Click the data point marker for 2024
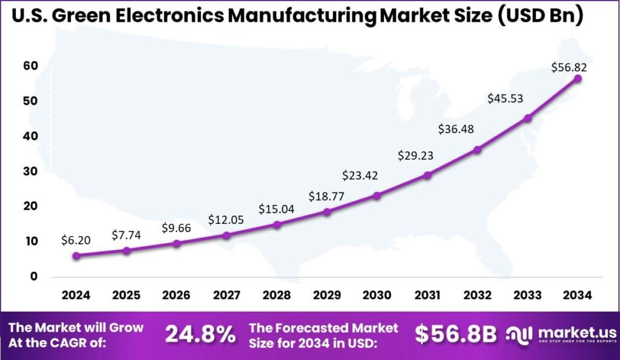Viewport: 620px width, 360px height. point(76,256)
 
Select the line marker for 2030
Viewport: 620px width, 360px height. point(377,195)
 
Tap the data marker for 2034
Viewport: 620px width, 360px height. point(578,79)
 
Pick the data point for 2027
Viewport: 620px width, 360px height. point(226,235)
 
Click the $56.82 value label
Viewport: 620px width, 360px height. point(569,68)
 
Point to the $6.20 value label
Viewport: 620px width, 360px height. point(76,240)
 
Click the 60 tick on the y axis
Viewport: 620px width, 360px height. point(31,66)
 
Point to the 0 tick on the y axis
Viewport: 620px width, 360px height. point(34,277)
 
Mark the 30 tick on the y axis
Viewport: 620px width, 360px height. point(31,171)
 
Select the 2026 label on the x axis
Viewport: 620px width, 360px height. point(176,295)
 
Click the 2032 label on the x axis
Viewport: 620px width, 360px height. point(477,295)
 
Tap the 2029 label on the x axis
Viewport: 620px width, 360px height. point(327,295)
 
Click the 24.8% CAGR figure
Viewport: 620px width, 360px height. point(200,334)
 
